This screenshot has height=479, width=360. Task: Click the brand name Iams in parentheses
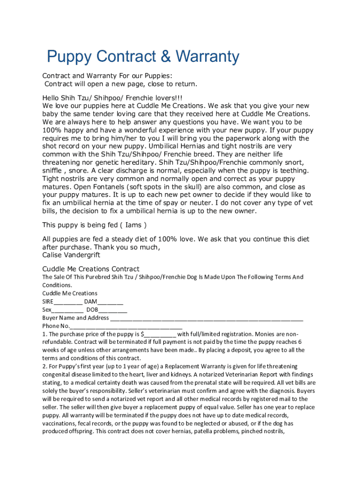pyautogui.click(x=134, y=225)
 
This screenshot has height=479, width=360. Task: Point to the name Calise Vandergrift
pyautogui.click(x=71, y=255)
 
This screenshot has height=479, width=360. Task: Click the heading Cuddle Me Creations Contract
pyautogui.click(x=91, y=269)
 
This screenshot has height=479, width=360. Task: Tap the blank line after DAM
pyautogui.click(x=111, y=302)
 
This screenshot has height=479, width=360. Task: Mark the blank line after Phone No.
pyautogui.click(x=126, y=326)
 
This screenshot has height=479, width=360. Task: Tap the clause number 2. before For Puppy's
pyautogui.click(x=45, y=366)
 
